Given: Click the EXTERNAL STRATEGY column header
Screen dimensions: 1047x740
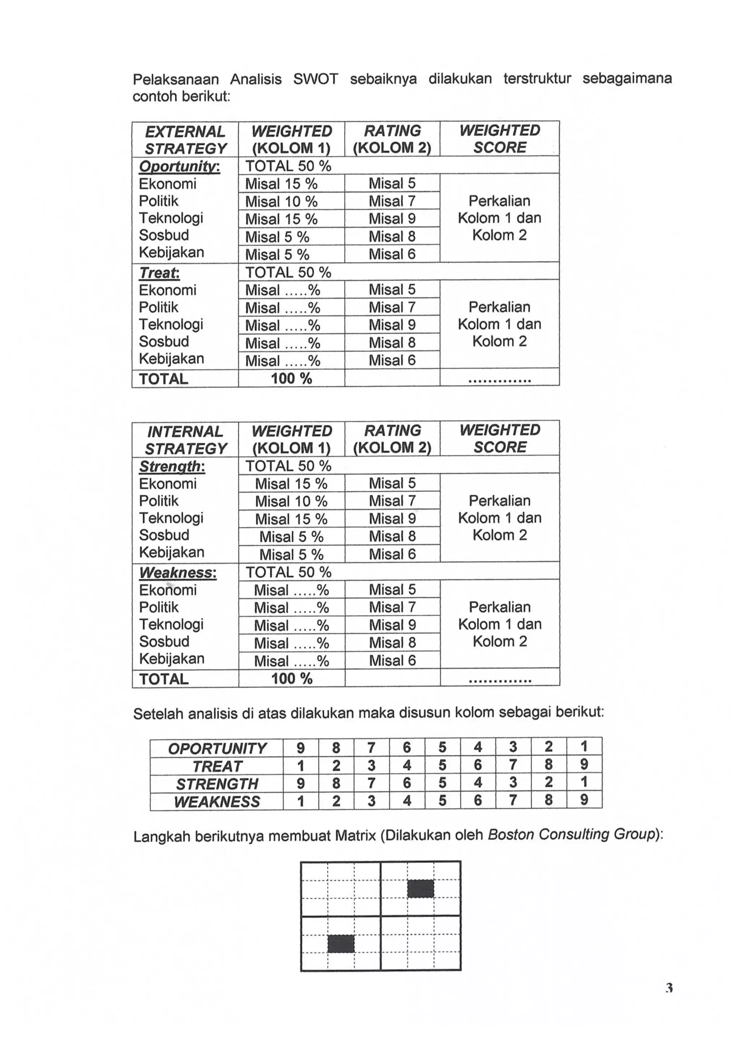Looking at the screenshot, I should click(185, 140).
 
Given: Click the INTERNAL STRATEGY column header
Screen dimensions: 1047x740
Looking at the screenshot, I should click(185, 439).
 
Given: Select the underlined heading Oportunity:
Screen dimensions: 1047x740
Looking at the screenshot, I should click(179, 167).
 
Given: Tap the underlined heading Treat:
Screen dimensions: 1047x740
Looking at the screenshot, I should click(159, 273).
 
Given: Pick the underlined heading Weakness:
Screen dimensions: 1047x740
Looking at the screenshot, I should click(178, 573).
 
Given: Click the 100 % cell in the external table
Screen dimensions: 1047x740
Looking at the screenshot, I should click(291, 378).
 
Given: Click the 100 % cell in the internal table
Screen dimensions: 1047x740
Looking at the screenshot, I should click(291, 678).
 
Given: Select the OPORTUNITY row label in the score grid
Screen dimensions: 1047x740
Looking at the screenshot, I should click(217, 748).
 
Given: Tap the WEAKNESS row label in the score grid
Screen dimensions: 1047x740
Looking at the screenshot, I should click(217, 802).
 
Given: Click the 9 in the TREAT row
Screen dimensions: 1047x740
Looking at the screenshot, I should click(584, 765).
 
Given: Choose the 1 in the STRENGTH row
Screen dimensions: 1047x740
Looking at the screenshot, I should click(584, 784).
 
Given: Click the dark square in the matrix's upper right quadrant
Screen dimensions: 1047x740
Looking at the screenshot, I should click(420, 889).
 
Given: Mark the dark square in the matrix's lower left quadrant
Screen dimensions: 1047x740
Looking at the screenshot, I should click(341, 944).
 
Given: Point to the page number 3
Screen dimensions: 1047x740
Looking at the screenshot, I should click(669, 988).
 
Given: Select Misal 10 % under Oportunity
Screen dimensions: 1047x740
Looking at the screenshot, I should click(281, 202).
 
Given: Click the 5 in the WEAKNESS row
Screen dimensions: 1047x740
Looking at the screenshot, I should click(442, 801).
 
